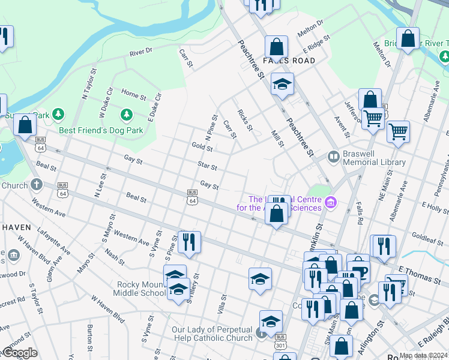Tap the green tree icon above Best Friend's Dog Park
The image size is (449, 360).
(126, 114)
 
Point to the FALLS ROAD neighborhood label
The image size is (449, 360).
(288, 61)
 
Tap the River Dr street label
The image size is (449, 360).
(142, 53)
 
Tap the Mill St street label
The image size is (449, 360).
(276, 141)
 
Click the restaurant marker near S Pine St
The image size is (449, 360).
(189, 242)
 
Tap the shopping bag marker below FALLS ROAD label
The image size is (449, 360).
(276, 46)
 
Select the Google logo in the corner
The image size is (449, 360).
(19, 352)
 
